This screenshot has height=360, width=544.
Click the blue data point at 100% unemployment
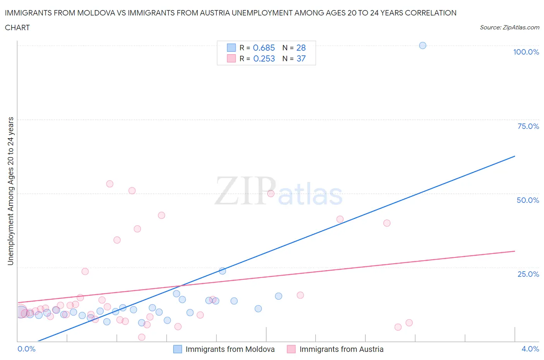(x=423, y=46)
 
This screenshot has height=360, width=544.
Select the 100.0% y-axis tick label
(x=526, y=52)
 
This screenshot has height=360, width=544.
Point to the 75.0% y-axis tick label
(x=528, y=126)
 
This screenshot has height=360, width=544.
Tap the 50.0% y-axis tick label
(x=528, y=200)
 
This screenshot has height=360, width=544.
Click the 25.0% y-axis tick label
(x=528, y=274)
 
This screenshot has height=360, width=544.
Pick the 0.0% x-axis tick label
(x=26, y=349)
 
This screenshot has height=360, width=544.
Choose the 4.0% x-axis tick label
(x=530, y=349)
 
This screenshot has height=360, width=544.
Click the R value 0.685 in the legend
(x=264, y=48)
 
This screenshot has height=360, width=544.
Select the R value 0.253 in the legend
(x=264, y=58)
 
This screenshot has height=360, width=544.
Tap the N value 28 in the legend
(x=301, y=48)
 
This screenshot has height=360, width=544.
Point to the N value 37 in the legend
(x=301, y=58)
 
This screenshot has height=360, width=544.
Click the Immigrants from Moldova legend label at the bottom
(x=230, y=349)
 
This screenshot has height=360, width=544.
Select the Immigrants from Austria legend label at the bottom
(x=341, y=349)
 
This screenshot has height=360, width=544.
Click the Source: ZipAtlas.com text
(x=509, y=27)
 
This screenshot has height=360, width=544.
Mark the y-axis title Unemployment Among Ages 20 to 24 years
(x=11, y=191)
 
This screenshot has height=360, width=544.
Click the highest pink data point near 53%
(x=109, y=184)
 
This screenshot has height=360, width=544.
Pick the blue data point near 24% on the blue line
(x=222, y=271)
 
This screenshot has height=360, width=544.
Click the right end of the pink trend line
(x=515, y=251)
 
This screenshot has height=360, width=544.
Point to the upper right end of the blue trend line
(x=515, y=156)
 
